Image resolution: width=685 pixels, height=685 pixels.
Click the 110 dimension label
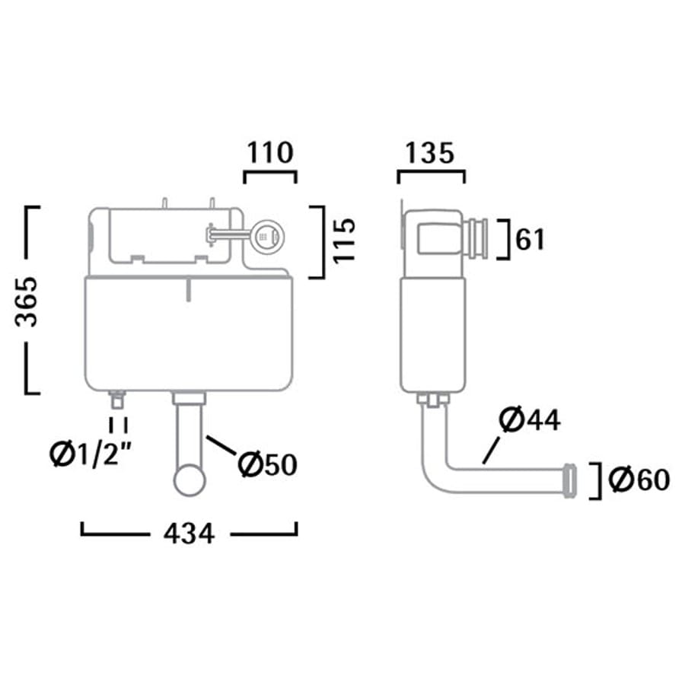point(269,153)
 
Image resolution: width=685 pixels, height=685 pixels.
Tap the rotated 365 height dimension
point(28,301)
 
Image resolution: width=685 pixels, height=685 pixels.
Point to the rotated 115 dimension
point(344,241)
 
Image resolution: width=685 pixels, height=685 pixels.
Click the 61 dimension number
point(530,240)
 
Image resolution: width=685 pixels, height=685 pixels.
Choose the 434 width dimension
point(188,534)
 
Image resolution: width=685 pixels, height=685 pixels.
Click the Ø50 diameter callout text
point(266,464)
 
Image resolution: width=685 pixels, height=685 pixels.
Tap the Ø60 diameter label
point(639,479)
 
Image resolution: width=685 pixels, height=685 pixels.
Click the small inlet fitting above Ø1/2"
point(117,398)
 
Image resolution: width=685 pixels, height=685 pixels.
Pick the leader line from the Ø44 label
point(493,446)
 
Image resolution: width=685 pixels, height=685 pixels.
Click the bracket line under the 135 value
point(431,174)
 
